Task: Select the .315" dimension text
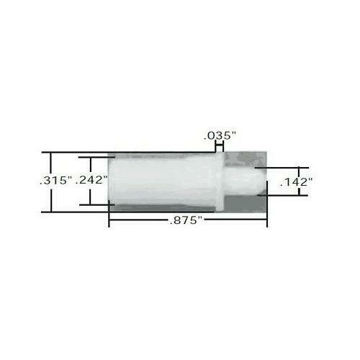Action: [x=55, y=181]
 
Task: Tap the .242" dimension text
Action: [x=92, y=181]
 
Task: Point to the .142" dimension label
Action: [x=294, y=182]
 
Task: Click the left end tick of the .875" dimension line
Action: [x=109, y=222]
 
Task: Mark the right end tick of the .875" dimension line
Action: [x=268, y=222]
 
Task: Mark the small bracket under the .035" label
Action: [x=219, y=146]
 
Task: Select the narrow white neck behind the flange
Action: [x=234, y=181]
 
